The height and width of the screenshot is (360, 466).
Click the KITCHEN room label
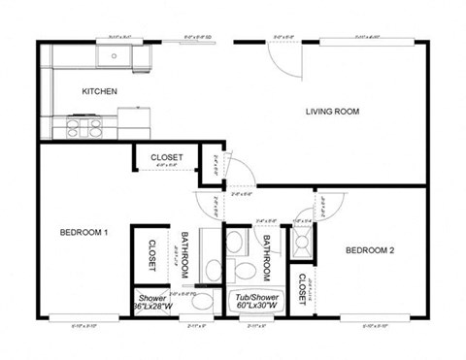point(99,91)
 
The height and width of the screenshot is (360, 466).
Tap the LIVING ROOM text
point(332,112)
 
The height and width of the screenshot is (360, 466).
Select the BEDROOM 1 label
point(83,232)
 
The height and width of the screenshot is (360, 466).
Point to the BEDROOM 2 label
point(370,251)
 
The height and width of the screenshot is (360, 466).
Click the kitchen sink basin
point(115,56)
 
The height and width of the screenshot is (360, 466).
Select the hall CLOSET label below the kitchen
point(167,157)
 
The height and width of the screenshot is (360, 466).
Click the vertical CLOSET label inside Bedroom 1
point(152,255)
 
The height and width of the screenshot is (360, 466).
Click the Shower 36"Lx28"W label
point(153,303)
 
